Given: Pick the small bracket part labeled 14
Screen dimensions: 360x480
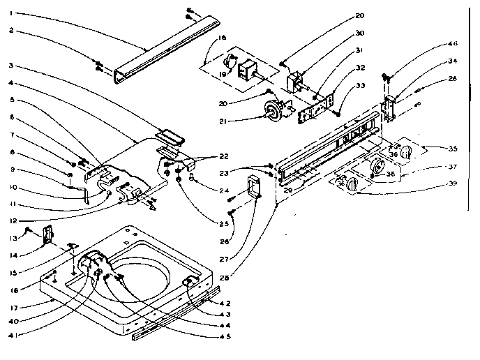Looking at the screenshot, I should [48, 235].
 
